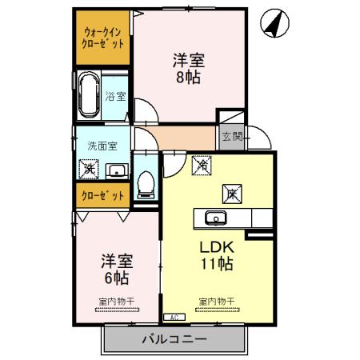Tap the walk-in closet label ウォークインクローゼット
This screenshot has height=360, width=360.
[x=104, y=38]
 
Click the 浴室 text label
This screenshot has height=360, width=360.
[x=115, y=97]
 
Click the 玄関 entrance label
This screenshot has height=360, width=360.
[x=230, y=137]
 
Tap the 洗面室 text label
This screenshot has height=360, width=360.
[x=102, y=146]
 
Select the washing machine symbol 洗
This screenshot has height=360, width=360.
[x=88, y=169]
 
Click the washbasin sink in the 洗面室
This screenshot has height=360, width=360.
[x=116, y=170]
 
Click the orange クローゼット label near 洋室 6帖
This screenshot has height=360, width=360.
[x=103, y=195]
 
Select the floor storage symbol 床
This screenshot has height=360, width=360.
[x=230, y=193]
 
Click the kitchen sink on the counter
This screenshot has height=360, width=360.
[x=215, y=218]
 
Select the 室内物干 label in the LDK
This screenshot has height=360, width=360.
[x=216, y=301]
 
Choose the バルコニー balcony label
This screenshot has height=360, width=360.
[x=174, y=339]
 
